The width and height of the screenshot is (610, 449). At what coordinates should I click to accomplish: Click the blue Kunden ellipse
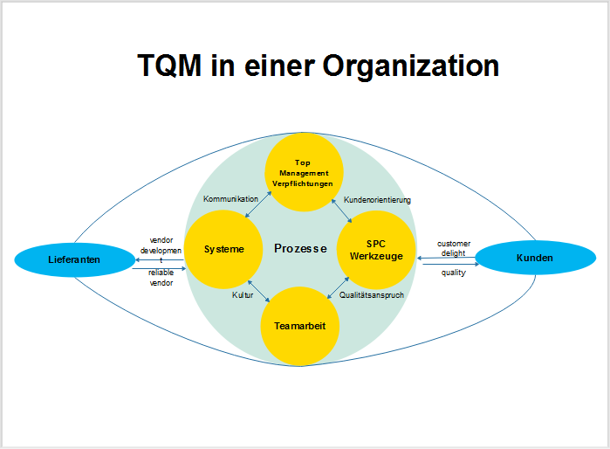[534, 258]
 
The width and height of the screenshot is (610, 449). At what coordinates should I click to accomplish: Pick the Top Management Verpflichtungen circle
[303, 171]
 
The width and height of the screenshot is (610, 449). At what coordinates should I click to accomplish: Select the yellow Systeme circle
[224, 250]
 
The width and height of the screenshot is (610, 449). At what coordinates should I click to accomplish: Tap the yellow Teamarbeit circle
[300, 326]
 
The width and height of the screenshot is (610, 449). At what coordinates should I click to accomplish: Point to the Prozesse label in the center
[300, 249]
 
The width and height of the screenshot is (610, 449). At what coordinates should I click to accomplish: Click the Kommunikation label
[230, 200]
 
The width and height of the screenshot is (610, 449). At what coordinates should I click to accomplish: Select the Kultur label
[242, 295]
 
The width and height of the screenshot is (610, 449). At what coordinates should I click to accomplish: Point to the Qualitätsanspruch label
[372, 295]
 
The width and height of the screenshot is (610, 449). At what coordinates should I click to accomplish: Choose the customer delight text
[452, 248]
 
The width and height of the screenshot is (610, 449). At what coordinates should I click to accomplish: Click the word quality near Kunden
[453, 273]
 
